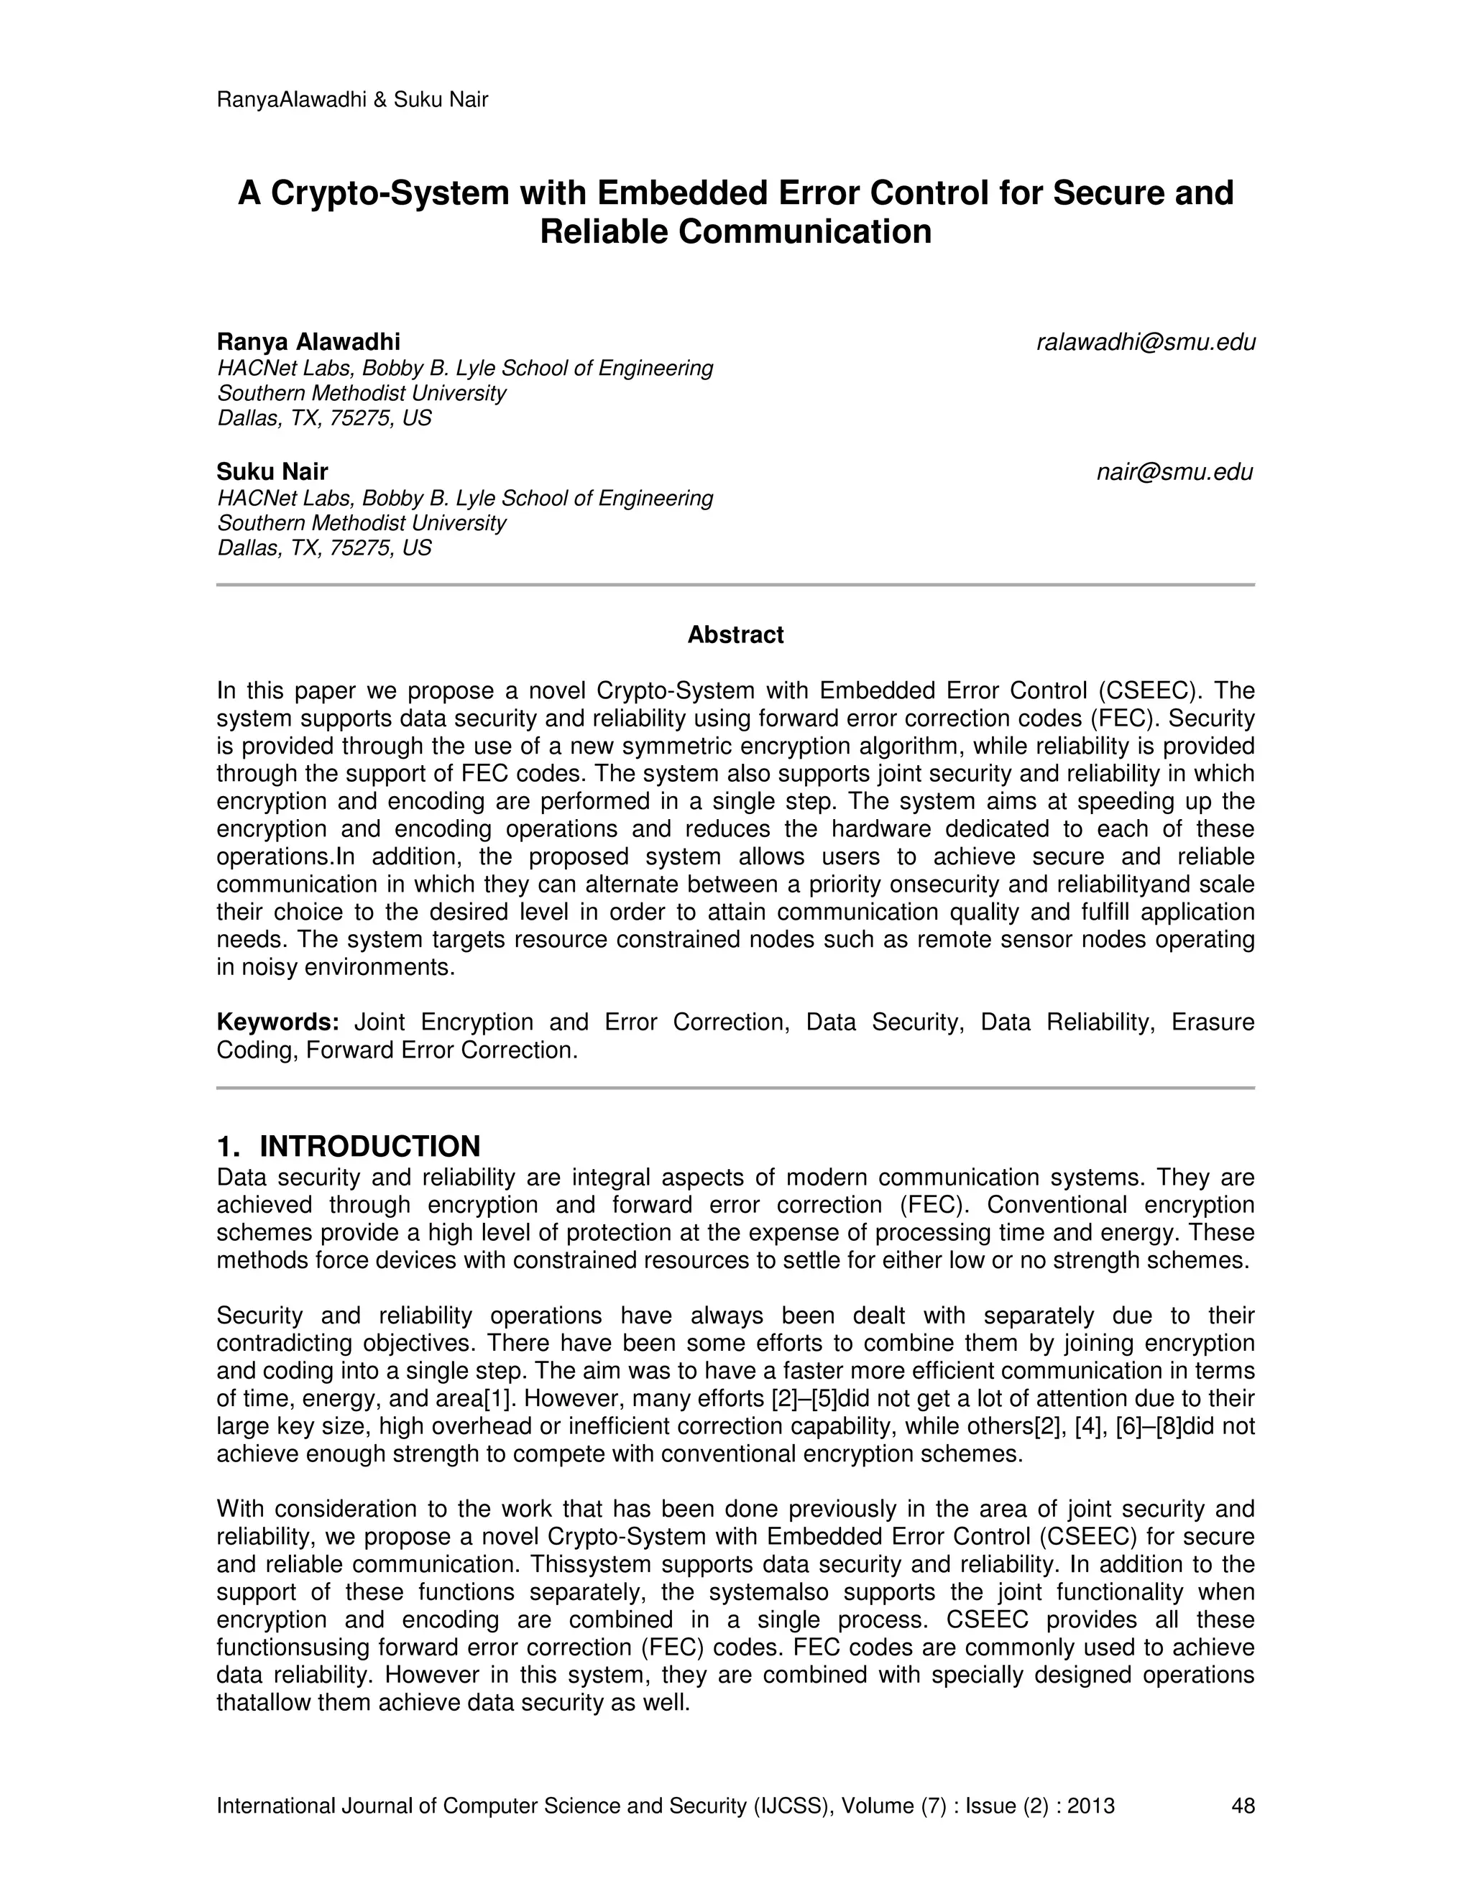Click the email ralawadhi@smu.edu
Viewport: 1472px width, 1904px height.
click(x=1145, y=343)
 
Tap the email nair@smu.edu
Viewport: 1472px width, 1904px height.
click(x=1174, y=473)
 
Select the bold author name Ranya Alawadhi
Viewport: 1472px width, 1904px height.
click(x=308, y=342)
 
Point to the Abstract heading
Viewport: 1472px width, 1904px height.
click(x=735, y=634)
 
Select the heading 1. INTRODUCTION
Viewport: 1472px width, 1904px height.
click(x=348, y=1145)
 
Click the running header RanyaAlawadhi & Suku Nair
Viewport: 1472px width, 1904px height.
click(x=351, y=99)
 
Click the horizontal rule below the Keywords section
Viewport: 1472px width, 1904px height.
click(x=735, y=1088)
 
